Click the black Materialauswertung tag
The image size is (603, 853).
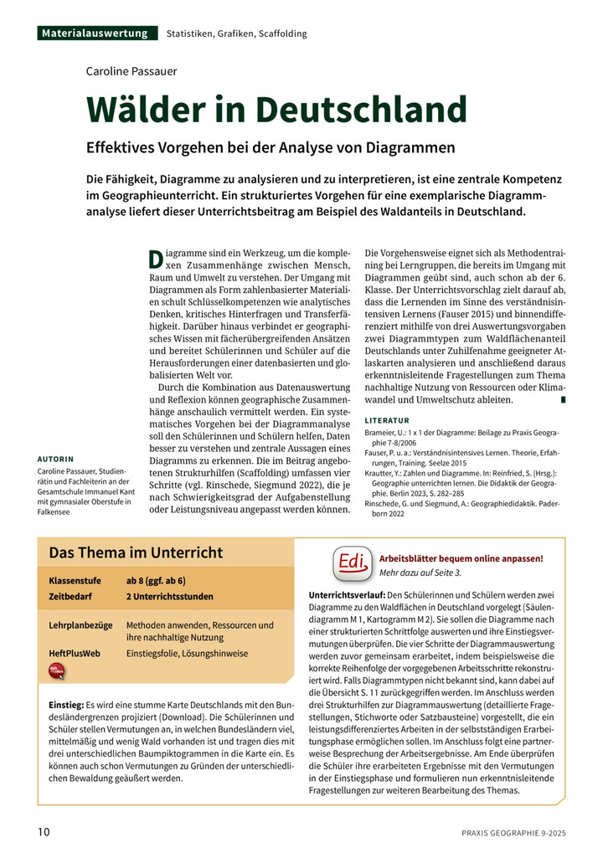[x=97, y=33]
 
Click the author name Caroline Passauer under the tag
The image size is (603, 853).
[x=131, y=71]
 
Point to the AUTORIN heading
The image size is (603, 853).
[x=55, y=459]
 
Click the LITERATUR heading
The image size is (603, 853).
[x=387, y=419]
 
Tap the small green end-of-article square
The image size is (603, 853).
[x=563, y=400]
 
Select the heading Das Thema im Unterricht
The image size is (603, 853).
[x=136, y=552]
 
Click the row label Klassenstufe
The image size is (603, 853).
[x=75, y=580]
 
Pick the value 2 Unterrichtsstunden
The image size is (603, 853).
[x=169, y=597]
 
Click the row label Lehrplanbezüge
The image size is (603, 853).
[x=80, y=624]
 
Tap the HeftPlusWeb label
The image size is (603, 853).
[x=75, y=653]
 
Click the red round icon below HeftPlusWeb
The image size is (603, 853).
[x=57, y=671]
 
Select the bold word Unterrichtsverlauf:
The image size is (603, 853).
[x=348, y=594]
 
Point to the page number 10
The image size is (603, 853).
[x=44, y=831]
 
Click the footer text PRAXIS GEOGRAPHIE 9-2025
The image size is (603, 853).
[x=513, y=832]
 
